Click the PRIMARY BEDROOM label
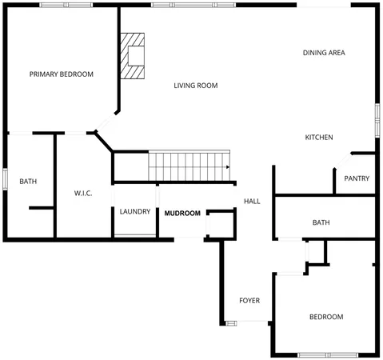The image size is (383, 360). coord(62,74)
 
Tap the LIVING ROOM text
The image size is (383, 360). coord(196,86)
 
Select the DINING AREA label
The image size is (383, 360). coord(324,53)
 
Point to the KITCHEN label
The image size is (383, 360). coord(319,138)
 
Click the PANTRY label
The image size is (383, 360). coord(357,178)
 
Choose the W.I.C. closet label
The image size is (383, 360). coord(84,193)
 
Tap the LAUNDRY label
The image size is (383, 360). coord(135,212)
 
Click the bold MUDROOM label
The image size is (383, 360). coord(182,214)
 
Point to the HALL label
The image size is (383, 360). coord(252,201)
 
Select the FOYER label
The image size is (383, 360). coord(249,301)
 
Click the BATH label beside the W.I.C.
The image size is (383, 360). coord(28,182)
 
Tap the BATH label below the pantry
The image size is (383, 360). coord(321,222)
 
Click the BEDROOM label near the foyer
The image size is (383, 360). coord(326,317)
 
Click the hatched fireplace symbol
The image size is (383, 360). coord(134,56)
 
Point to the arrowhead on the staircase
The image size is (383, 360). coord(229,167)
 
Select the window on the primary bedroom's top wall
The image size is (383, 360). coord(65,6)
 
